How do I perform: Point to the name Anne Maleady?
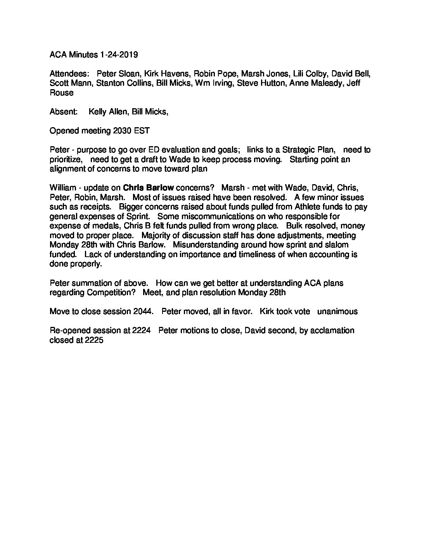coord(314,83)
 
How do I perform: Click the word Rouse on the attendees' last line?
coord(61,93)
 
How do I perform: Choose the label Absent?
coord(64,112)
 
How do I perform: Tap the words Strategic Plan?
coord(309,150)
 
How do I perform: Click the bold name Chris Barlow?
coord(148,188)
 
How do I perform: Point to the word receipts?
coord(91,207)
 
